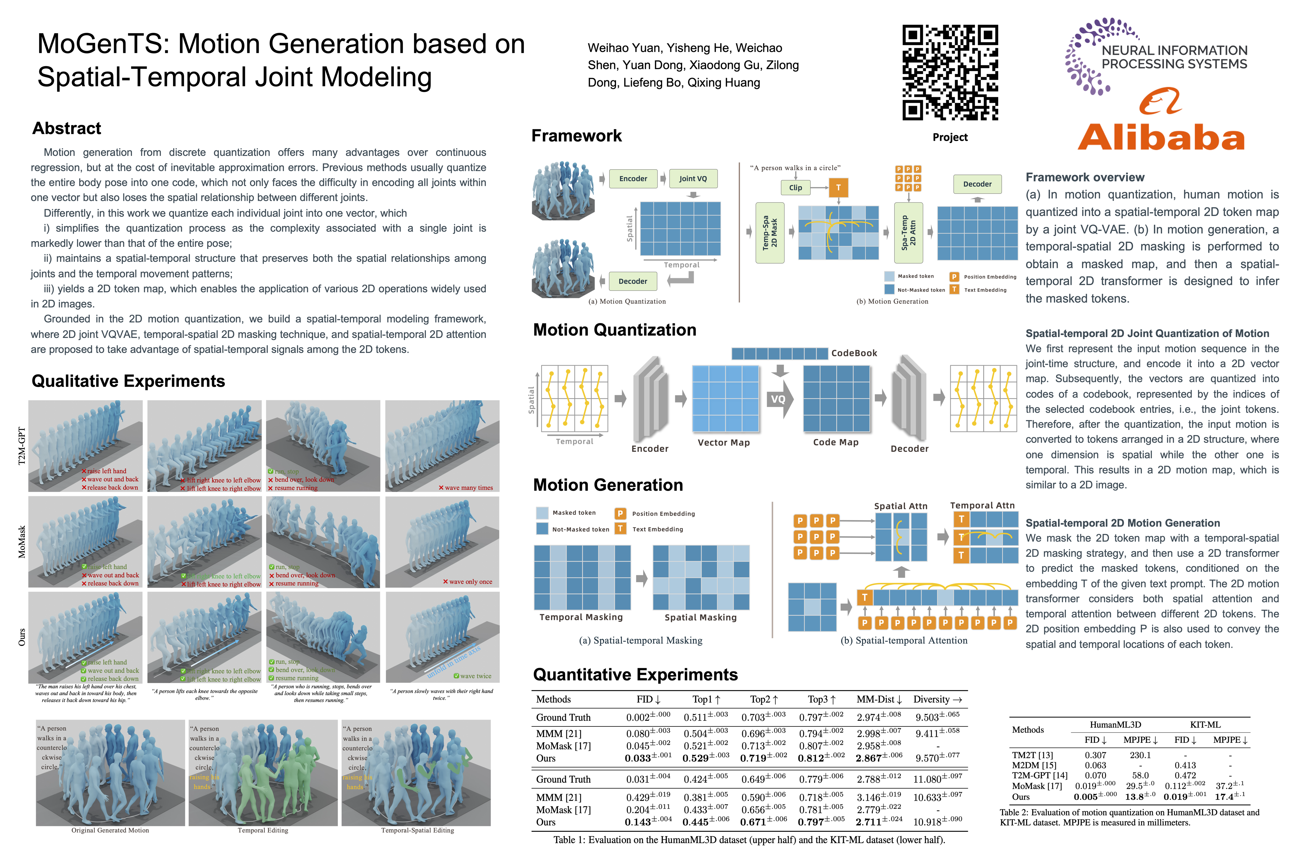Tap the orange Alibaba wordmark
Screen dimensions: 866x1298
[1161, 137]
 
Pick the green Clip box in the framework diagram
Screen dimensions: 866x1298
[795, 188]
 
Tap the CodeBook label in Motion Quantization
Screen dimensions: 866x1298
[854, 353]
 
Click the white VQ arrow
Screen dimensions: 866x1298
[779, 399]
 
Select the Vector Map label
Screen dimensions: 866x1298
[724, 442]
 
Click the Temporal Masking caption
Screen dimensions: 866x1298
[581, 617]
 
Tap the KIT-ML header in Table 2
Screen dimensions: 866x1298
[1205, 725]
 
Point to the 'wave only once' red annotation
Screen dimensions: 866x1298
[468, 582]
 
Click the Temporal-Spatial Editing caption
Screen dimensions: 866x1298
[417, 830]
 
